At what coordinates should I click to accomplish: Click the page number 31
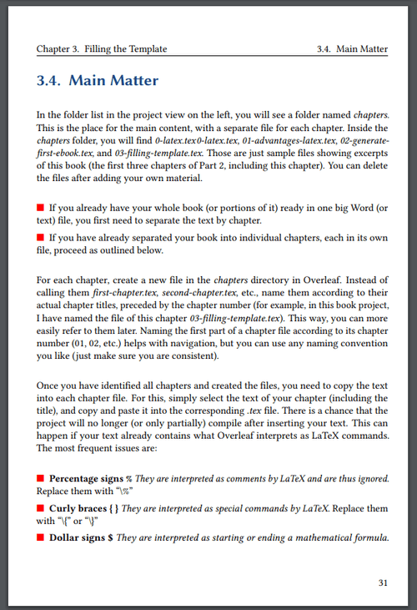(x=382, y=582)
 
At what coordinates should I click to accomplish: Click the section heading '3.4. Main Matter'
(x=98, y=81)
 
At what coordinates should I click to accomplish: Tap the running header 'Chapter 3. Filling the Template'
(x=102, y=49)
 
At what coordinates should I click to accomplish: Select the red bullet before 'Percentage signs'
(x=40, y=478)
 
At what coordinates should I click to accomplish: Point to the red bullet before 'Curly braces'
(x=40, y=507)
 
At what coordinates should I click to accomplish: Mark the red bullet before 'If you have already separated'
(x=40, y=238)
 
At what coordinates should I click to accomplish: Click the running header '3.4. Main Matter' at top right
(x=353, y=49)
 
